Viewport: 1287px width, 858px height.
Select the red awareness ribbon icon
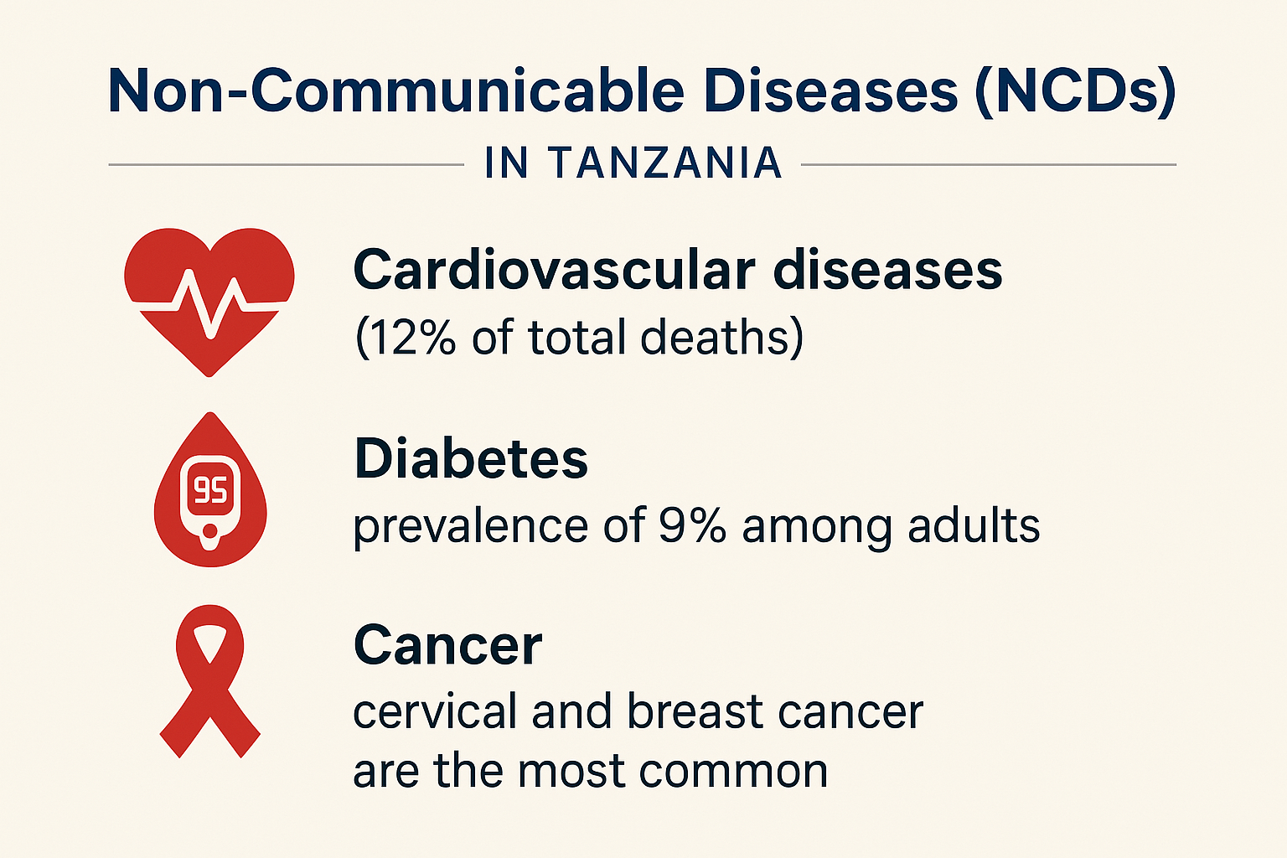coord(209,681)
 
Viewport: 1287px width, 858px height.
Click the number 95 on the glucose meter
coord(210,490)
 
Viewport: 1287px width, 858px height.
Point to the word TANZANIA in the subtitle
coord(664,163)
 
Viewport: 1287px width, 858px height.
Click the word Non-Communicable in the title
coord(396,91)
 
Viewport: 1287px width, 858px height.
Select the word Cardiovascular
coord(554,270)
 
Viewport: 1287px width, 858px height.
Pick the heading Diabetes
coord(471,458)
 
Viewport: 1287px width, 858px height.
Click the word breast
coord(695,711)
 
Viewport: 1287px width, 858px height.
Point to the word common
coord(733,772)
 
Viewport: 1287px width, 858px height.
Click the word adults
coord(974,525)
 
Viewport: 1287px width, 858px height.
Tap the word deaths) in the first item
coord(721,338)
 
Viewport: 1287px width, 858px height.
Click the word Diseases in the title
coord(831,91)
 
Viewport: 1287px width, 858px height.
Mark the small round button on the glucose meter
coord(210,530)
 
